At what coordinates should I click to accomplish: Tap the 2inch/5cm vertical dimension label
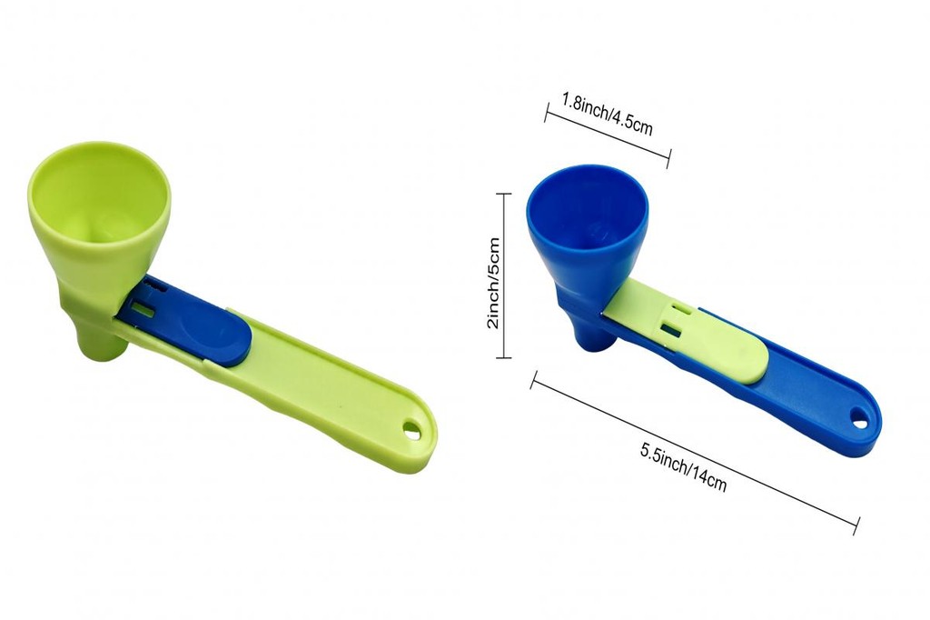(x=493, y=283)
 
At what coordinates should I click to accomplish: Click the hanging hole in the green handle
(x=413, y=428)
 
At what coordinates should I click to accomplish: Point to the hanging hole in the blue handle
(x=858, y=417)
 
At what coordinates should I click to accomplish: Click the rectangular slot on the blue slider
(x=143, y=309)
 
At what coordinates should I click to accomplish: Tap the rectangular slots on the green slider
(x=671, y=325)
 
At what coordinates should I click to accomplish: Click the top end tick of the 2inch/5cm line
(x=504, y=194)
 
